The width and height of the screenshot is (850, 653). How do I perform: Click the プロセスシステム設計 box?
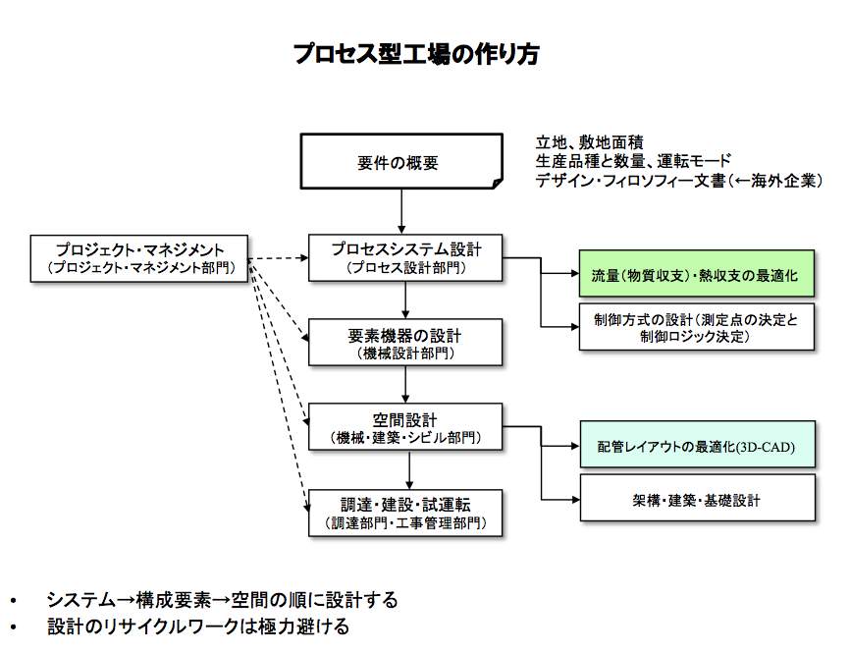[404, 257]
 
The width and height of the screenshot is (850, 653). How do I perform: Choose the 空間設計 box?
[404, 427]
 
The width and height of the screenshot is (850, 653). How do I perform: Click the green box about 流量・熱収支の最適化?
[697, 275]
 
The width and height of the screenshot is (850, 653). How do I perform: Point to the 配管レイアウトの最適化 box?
[697, 447]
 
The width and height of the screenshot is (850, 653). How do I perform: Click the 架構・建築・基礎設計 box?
[697, 499]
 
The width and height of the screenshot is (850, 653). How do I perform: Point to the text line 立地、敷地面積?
[589, 141]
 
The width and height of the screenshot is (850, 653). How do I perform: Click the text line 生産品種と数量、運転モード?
[633, 160]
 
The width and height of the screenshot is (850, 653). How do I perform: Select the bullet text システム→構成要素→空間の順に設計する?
[222, 600]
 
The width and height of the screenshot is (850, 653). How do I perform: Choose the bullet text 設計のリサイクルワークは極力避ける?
[197, 626]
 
